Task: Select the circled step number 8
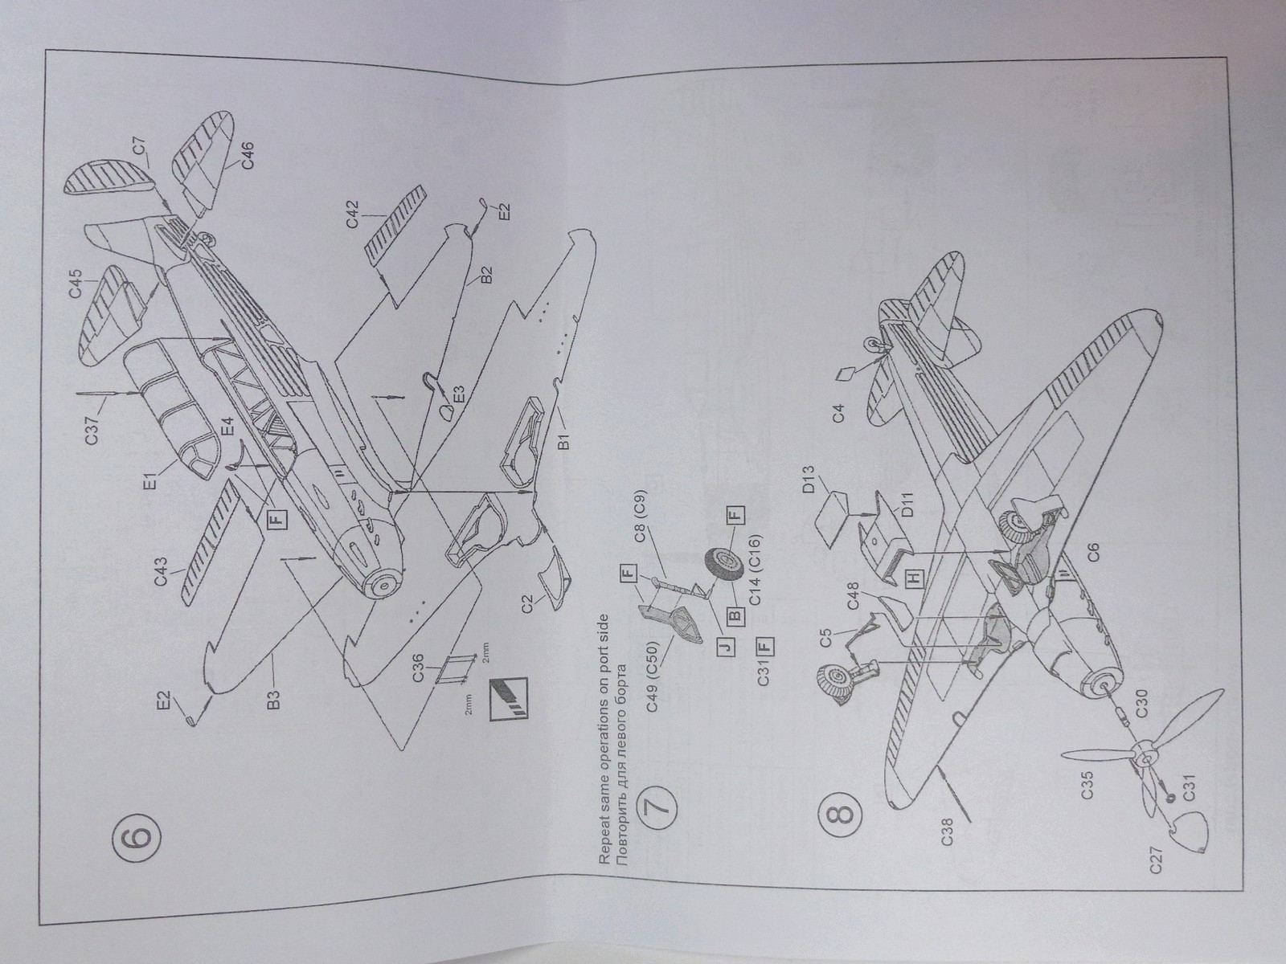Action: pyautogui.click(x=838, y=815)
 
